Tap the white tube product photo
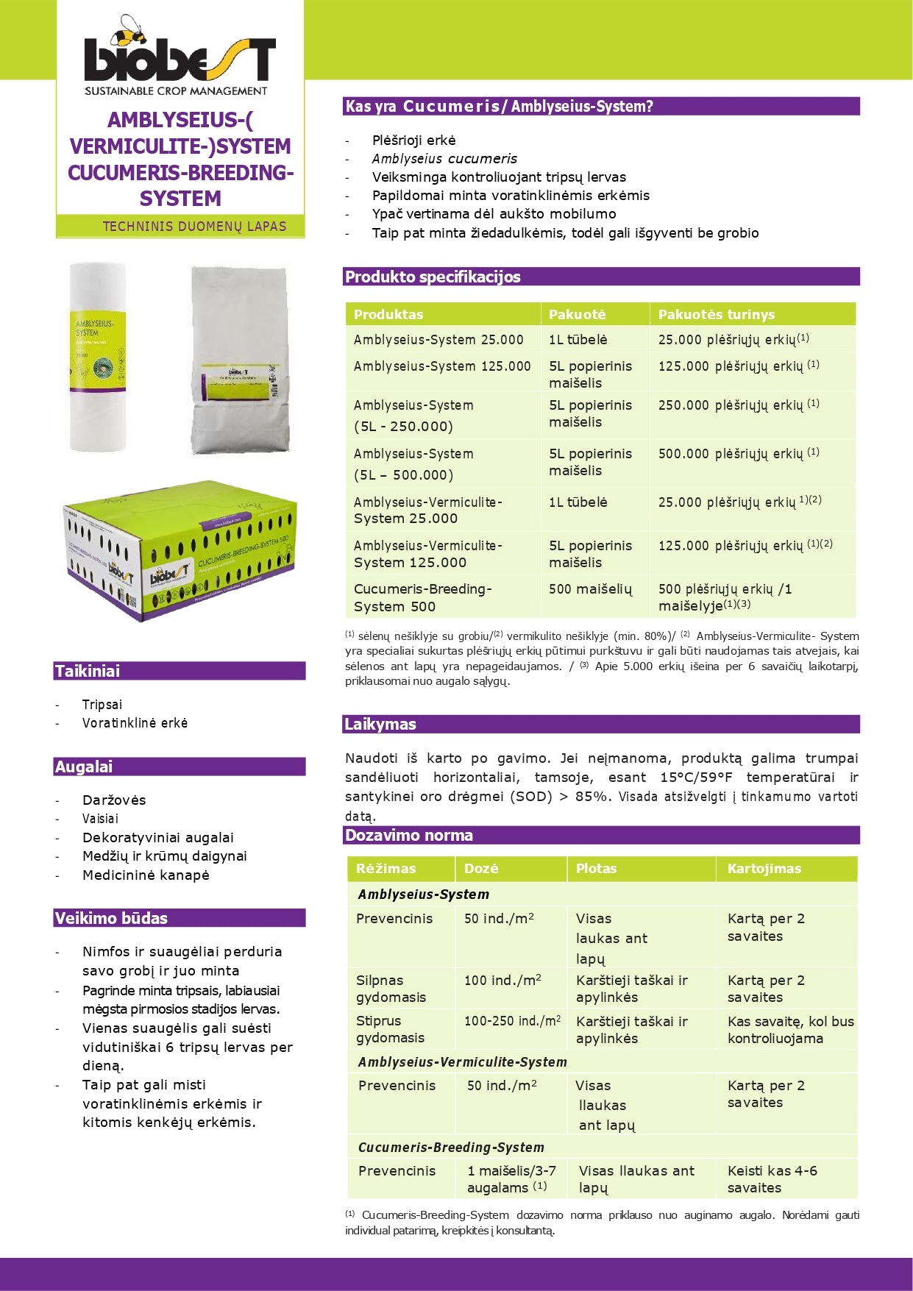pyautogui.click(x=98, y=357)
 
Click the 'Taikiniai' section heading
pyautogui.click(x=88, y=671)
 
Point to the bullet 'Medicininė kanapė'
pyautogui.click(x=146, y=875)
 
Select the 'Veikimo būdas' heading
pyautogui.click(x=111, y=918)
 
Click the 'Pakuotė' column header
pyautogui.click(x=578, y=314)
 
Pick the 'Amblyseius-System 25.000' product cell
pyautogui.click(x=438, y=340)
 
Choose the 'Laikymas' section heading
pyautogui.click(x=380, y=725)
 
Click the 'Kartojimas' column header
pyautogui.click(x=764, y=869)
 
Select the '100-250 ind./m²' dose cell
pyautogui.click(x=511, y=1021)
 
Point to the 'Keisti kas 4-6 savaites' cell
pyautogui.click(x=772, y=1179)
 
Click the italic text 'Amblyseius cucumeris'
pyautogui.click(x=444, y=159)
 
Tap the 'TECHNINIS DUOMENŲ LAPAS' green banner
pyautogui.click(x=194, y=227)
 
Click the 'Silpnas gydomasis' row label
pyautogui.click(x=391, y=989)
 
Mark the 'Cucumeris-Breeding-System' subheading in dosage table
pyautogui.click(x=451, y=1148)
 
